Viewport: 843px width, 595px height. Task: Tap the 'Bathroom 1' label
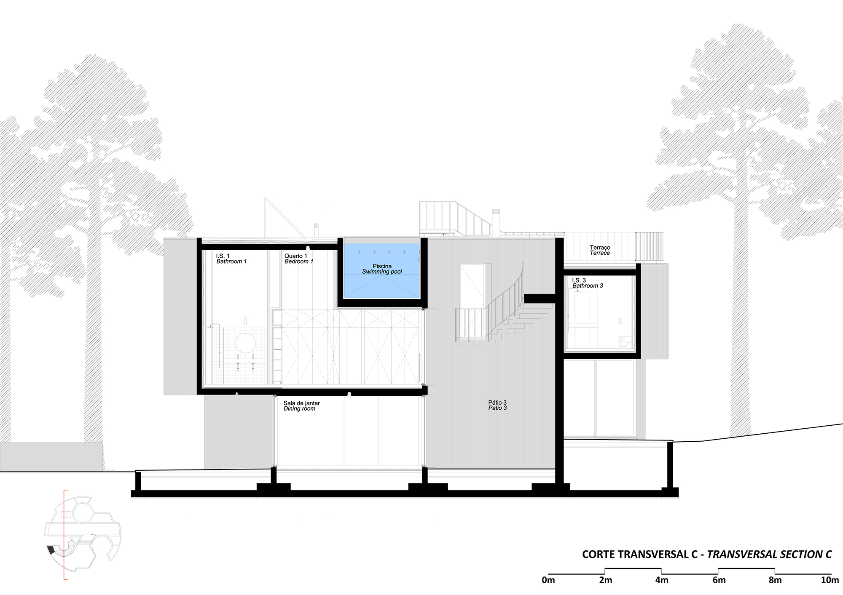tap(231, 261)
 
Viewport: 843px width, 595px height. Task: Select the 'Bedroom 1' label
tap(299, 261)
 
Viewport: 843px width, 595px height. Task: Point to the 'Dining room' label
tap(299, 408)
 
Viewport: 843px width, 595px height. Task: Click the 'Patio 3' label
tap(497, 408)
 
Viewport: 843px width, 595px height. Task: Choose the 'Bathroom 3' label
tap(588, 286)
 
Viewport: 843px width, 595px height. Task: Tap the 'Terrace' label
tap(600, 253)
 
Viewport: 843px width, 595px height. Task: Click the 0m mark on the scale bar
tap(548, 580)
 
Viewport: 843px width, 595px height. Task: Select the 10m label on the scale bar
tap(830, 580)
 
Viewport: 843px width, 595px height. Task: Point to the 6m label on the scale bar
tap(719, 580)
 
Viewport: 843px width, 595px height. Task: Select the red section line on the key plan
tap(64, 535)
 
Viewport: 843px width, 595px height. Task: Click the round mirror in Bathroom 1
tap(245, 343)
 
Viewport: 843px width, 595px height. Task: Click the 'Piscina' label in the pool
tap(382, 266)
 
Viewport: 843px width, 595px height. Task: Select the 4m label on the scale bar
tap(662, 580)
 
